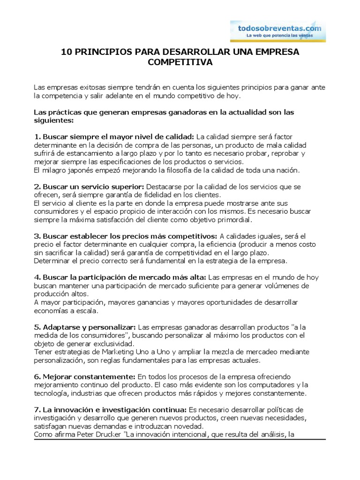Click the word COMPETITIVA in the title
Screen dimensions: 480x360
180,62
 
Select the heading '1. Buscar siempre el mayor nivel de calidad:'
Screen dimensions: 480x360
114,137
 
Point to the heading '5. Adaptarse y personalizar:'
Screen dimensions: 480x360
85,327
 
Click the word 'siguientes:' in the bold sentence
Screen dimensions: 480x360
54,120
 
